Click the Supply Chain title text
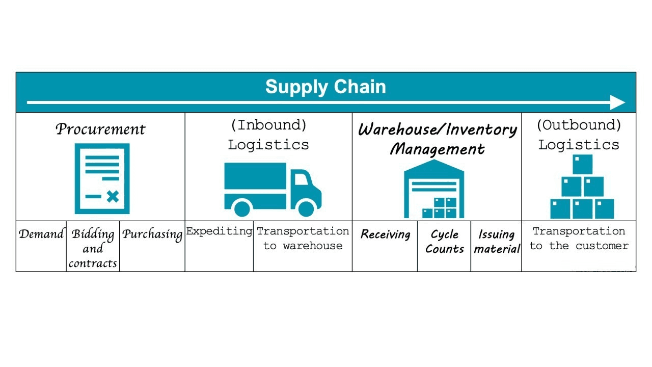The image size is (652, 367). (325, 87)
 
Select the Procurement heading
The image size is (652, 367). (100, 129)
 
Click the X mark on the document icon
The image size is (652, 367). (113, 196)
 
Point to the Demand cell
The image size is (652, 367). (41, 235)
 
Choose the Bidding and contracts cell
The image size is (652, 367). (93, 249)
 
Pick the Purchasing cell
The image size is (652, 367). (152, 235)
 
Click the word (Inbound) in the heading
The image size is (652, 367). (268, 125)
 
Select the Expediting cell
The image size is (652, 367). (219, 231)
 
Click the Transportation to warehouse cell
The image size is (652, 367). (303, 239)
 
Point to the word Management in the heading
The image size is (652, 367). (437, 149)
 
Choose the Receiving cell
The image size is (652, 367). (385, 234)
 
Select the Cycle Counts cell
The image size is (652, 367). (444, 242)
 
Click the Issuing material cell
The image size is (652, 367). (497, 242)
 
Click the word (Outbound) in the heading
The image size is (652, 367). (579, 125)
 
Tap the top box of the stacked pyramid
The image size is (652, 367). (582, 164)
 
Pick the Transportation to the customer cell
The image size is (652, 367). (579, 239)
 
